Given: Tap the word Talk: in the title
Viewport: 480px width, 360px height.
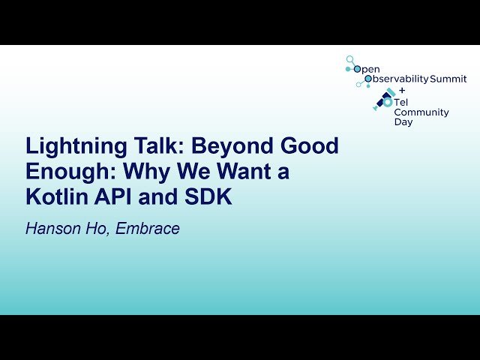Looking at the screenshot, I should (149, 146).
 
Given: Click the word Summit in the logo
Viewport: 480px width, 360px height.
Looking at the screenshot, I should (448, 79).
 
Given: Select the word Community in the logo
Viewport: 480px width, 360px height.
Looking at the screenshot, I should (421, 112).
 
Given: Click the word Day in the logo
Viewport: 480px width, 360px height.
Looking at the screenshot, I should (403, 121).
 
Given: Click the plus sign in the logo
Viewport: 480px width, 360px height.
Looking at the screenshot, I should (402, 89).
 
